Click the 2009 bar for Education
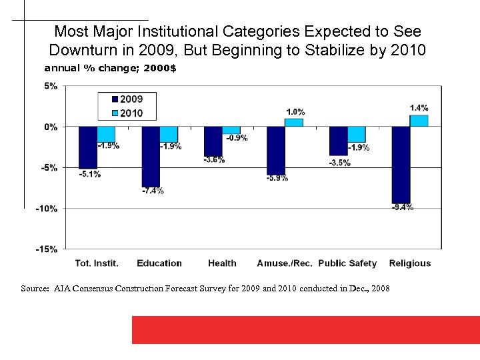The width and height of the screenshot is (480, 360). pyautogui.click(x=151, y=156)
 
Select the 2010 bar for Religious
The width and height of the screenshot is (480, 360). pyautogui.click(x=419, y=121)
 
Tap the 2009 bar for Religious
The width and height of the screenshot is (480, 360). pyautogui.click(x=401, y=165)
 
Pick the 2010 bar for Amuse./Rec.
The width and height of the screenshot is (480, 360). pyautogui.click(x=294, y=123)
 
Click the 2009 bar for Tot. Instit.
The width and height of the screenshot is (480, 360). pyautogui.click(x=88, y=147)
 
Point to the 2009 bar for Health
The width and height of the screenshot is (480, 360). pyautogui.click(x=213, y=141)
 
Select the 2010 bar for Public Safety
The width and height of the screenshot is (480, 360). pyautogui.click(x=357, y=134)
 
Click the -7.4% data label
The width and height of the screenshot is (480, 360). pyautogui.click(x=153, y=191)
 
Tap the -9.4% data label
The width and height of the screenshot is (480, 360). pyautogui.click(x=402, y=207)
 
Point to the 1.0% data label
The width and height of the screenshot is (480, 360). pyautogui.click(x=295, y=112)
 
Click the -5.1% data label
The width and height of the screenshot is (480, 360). pyautogui.click(x=89, y=175)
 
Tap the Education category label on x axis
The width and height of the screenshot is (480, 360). pyautogui.click(x=159, y=263)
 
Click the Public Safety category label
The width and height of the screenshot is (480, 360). pyautogui.click(x=347, y=263)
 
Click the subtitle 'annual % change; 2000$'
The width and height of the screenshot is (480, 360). pyautogui.click(x=110, y=68)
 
